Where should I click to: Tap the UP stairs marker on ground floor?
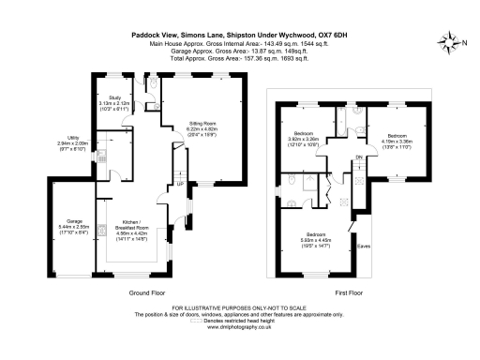[x=180, y=184]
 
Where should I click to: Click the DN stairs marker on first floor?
[x=359, y=157]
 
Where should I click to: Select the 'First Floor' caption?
[x=349, y=292]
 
